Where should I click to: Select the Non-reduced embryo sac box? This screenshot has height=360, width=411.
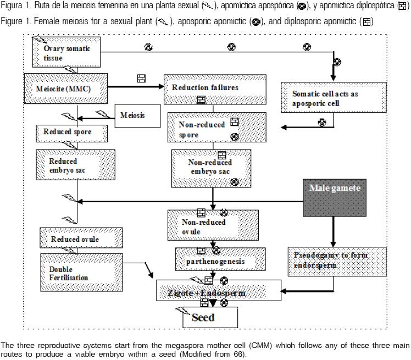pos(210,167)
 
